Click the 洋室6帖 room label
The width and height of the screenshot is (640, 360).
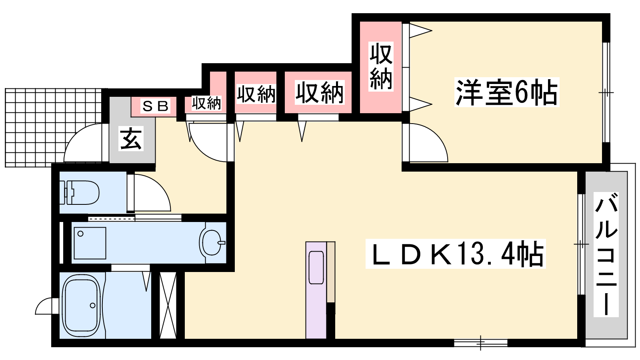(x=506, y=92)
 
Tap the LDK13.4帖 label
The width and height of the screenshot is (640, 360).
(x=456, y=254)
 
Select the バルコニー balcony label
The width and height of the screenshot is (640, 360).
(x=606, y=254)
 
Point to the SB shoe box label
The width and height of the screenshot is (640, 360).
(x=156, y=106)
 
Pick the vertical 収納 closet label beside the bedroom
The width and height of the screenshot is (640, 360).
(x=381, y=66)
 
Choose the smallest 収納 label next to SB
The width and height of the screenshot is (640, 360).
(x=206, y=103)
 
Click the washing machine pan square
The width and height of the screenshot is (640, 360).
(x=90, y=243)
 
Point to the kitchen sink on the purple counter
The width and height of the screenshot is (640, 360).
(x=316, y=268)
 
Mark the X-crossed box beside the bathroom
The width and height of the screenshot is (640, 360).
(x=168, y=305)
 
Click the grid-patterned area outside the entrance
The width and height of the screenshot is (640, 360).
(x=53, y=128)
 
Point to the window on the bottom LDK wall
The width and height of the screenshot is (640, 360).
(x=480, y=342)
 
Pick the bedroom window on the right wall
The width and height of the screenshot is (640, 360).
(x=606, y=92)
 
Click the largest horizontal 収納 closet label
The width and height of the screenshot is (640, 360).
(x=320, y=92)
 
